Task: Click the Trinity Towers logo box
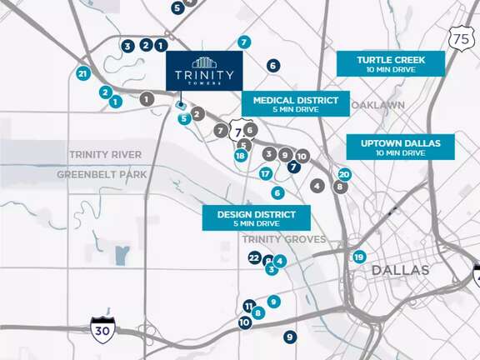coord(204,71)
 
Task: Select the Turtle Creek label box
coord(391,64)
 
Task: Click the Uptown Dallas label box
coord(401,147)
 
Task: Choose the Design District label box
coord(257,218)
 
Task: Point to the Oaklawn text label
coord(378,105)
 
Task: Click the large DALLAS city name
coord(400,271)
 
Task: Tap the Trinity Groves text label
coord(272,239)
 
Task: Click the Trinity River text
coord(105,155)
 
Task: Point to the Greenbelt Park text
coord(102,174)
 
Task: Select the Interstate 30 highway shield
coord(102,327)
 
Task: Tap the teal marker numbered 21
coord(82,74)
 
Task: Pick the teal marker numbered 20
coord(344,175)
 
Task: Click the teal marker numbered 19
coord(359,257)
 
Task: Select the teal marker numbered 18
coord(241,156)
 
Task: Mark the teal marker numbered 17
coord(265,174)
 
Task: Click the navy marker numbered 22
coord(255,258)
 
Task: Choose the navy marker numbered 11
coord(248,306)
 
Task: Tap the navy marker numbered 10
coord(244,322)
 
